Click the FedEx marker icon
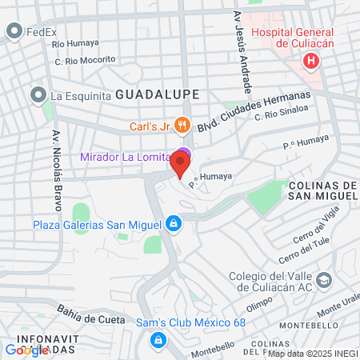[x=14, y=32]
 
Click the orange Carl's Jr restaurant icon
[x=182, y=124]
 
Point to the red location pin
[x=180, y=164]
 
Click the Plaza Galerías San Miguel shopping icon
[x=171, y=224]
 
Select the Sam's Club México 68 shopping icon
[x=158, y=340]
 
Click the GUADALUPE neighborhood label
[x=157, y=94]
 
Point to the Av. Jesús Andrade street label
[x=238, y=61]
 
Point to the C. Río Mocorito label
[x=84, y=60]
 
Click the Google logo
[x=26, y=349]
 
